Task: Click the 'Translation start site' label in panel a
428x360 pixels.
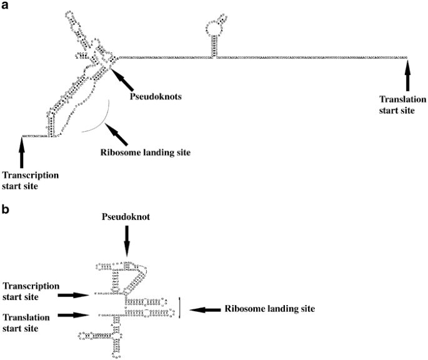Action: (x=403, y=104)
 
